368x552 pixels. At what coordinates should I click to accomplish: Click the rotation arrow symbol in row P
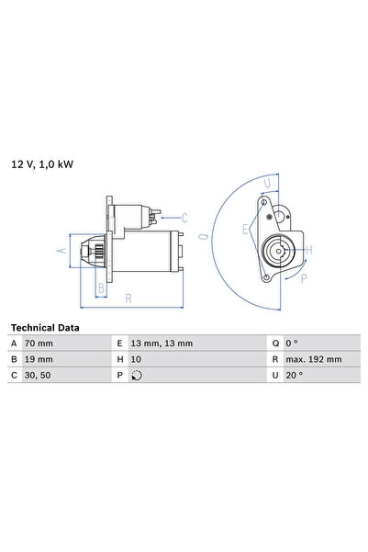coord(138,375)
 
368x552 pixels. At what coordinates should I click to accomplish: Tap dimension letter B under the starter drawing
coord(102,287)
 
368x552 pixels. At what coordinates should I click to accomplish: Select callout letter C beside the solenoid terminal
coord(184,218)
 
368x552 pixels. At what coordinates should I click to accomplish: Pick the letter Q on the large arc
coord(204,237)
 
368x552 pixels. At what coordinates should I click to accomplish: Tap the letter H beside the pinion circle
coord(308,249)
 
